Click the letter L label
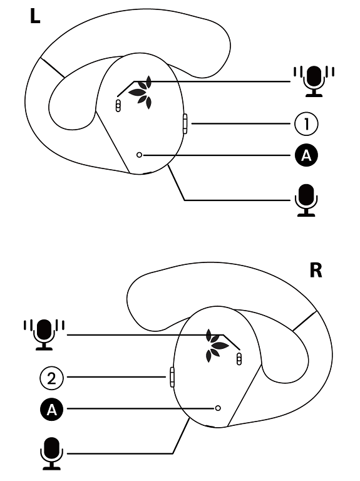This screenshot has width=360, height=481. pyautogui.click(x=35, y=16)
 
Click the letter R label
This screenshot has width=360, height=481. pyautogui.click(x=316, y=270)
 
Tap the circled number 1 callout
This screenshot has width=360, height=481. pyautogui.click(x=306, y=123)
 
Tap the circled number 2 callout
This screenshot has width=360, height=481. pyautogui.click(x=51, y=378)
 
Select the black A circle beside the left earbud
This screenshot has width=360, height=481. pyautogui.click(x=306, y=155)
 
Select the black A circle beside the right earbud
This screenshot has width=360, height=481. pyautogui.click(x=51, y=409)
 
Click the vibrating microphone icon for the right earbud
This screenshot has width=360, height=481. pyautogui.click(x=44, y=334)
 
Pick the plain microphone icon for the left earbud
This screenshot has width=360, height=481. pyautogui.click(x=306, y=200)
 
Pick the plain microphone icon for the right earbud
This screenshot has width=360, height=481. pyautogui.click(x=51, y=453)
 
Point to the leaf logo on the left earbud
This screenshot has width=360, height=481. pyautogui.click(x=141, y=92)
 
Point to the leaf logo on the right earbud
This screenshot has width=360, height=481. pyautogui.click(x=217, y=346)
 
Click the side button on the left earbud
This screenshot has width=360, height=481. pyautogui.click(x=185, y=123)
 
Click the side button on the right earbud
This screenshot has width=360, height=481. pyautogui.click(x=172, y=377)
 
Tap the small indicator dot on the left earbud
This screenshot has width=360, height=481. pyautogui.click(x=139, y=155)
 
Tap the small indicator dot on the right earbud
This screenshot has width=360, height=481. pyautogui.click(x=218, y=408)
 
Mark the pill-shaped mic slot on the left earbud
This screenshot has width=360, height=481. pyautogui.click(x=118, y=105)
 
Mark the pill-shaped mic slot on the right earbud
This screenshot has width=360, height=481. pyautogui.click(x=239, y=359)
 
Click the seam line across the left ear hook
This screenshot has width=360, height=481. pyautogui.click(x=52, y=67)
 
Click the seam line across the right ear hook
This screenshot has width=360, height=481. pyautogui.click(x=305, y=321)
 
